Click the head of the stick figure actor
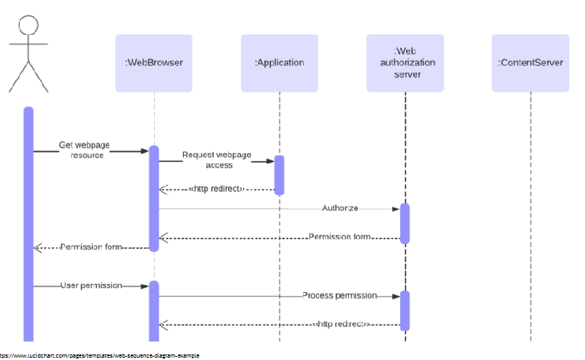28,24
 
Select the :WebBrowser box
154,62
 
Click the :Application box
279,62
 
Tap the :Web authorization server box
405,62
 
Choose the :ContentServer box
531,62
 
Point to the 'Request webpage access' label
208,160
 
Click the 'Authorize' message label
340,208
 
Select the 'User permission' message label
91,285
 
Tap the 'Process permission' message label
339,295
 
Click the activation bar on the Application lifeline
279,174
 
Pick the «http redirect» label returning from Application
217,189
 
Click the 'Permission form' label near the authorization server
340,237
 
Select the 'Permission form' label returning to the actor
92,247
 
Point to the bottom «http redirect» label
341,324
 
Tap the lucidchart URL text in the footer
99,356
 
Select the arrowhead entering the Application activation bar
268,161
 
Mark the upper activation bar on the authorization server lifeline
405,223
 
